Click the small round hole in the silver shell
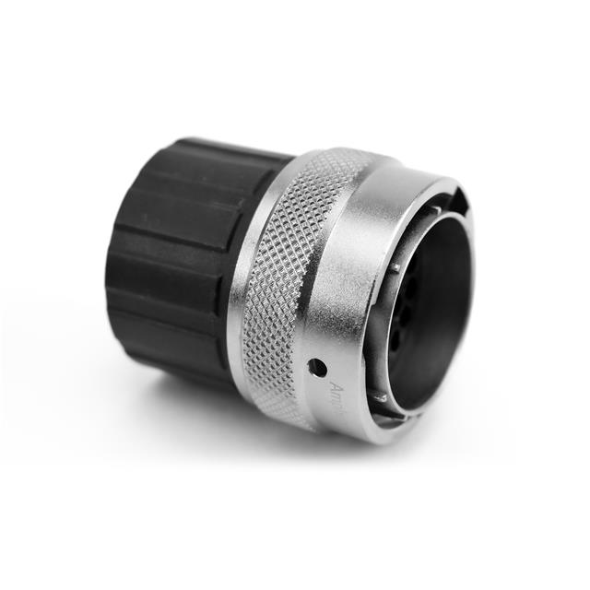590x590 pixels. (316, 367)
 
